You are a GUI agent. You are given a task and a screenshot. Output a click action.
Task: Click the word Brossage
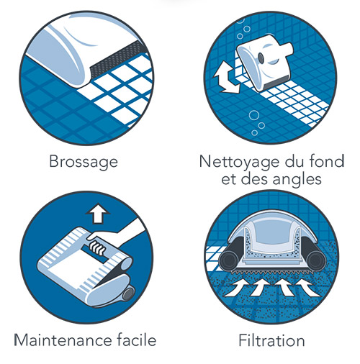83,162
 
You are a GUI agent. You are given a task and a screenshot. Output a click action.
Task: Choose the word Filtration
271,339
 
